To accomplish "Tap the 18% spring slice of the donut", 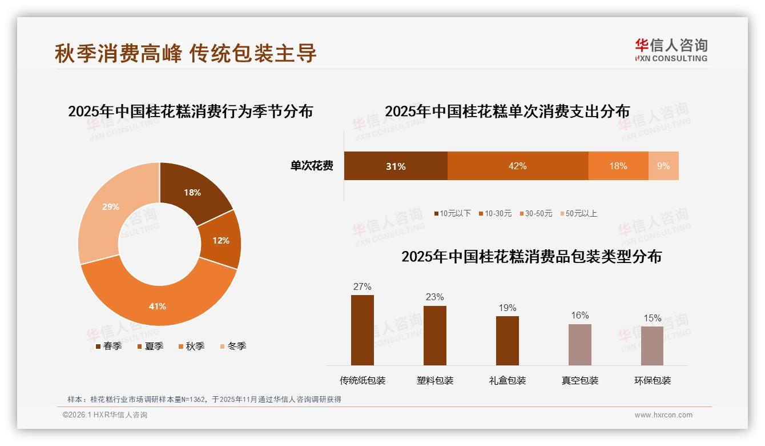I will click(192, 193).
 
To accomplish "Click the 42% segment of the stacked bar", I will click(517, 166).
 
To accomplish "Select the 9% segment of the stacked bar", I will click(663, 166).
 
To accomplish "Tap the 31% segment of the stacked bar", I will click(396, 166).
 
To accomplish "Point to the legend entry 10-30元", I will click(498, 213).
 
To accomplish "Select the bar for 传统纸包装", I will click(363, 330).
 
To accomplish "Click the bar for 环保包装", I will click(652, 345).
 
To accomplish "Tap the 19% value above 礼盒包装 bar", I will click(507, 308).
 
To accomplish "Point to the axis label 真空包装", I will click(580, 380).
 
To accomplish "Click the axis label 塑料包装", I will click(435, 380).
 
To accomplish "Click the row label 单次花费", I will click(312, 166).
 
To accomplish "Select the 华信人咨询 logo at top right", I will click(671, 50).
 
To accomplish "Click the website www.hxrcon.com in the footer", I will click(663, 415).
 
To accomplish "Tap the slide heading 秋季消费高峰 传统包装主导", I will click(186, 53).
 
